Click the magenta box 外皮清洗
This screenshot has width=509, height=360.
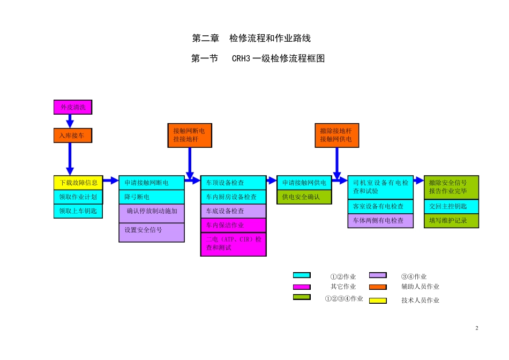(x=73, y=107)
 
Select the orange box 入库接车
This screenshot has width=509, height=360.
(x=73, y=136)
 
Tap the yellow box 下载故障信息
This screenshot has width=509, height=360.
(x=78, y=183)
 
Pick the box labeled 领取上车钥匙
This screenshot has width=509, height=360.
(x=78, y=211)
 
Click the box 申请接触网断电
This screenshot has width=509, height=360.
(x=152, y=183)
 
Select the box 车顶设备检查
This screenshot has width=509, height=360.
(x=233, y=183)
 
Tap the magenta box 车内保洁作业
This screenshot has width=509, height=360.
(x=233, y=225)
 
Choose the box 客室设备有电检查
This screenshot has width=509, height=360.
(x=380, y=206)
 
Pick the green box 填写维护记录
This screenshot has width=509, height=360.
(x=451, y=220)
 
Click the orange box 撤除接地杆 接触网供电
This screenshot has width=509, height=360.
(x=336, y=135)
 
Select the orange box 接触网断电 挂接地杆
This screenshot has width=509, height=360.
(x=189, y=135)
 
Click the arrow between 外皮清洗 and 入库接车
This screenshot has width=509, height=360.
(x=70, y=121)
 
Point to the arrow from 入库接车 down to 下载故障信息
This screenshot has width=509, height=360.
(x=70, y=159)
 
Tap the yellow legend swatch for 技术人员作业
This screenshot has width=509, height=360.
(x=377, y=301)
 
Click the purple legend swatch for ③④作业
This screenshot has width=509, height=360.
(x=377, y=276)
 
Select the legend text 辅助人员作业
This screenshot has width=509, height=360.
(x=420, y=287)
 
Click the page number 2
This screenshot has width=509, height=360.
(x=477, y=328)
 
